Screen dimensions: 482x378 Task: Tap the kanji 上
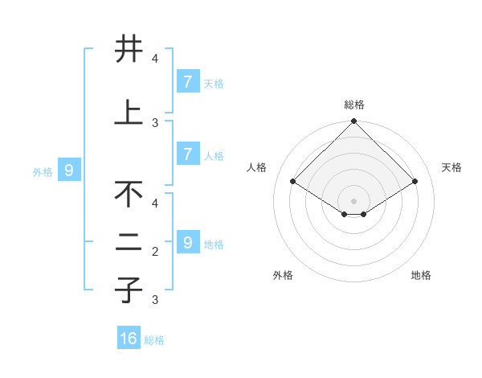pyautogui.click(x=129, y=113)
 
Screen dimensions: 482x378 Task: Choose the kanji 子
pyautogui.click(x=129, y=290)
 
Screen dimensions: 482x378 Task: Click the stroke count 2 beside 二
pyautogui.click(x=155, y=252)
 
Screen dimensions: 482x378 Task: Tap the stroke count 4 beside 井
pyautogui.click(x=155, y=58)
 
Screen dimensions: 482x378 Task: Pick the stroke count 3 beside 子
pyautogui.click(x=155, y=300)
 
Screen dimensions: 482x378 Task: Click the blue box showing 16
pyautogui.click(x=129, y=339)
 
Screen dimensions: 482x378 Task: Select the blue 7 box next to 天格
pyautogui.click(x=187, y=81)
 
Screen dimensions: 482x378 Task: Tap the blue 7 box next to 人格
pyautogui.click(x=187, y=154)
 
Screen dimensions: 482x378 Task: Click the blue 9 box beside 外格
pyautogui.click(x=69, y=170)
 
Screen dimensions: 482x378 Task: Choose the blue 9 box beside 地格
pyautogui.click(x=187, y=242)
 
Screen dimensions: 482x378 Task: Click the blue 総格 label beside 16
pyautogui.click(x=154, y=340)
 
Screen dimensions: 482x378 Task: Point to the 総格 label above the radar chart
pyautogui.click(x=354, y=105)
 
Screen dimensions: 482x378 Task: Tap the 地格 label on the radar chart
pyautogui.click(x=421, y=275)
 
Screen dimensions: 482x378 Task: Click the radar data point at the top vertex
pyautogui.click(x=354, y=121)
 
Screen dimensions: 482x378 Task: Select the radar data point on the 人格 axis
pyautogui.click(x=293, y=182)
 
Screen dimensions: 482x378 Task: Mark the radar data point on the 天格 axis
pyautogui.click(x=415, y=182)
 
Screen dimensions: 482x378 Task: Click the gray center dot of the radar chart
pyautogui.click(x=354, y=200)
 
